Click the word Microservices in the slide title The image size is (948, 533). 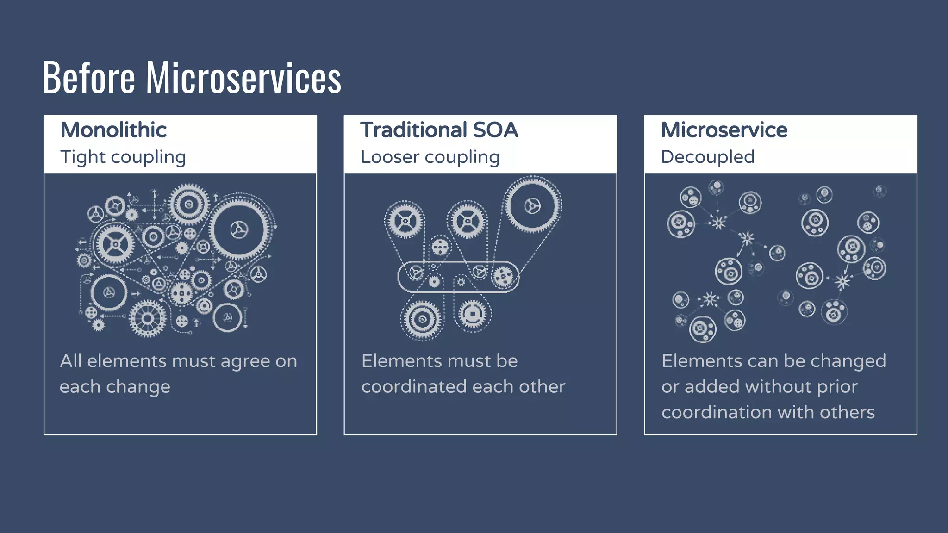[243, 78]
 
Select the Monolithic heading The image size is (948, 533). [113, 130]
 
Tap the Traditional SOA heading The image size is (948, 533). [439, 130]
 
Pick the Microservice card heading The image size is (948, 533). [724, 130]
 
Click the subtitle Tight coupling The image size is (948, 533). [123, 157]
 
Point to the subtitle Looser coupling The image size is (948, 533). [430, 157]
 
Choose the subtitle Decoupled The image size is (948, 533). [708, 157]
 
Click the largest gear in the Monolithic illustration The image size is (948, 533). [239, 229]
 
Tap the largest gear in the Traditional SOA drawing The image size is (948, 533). [532, 205]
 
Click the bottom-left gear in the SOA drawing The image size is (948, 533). [422, 319]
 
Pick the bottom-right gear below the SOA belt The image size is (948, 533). [472, 314]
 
